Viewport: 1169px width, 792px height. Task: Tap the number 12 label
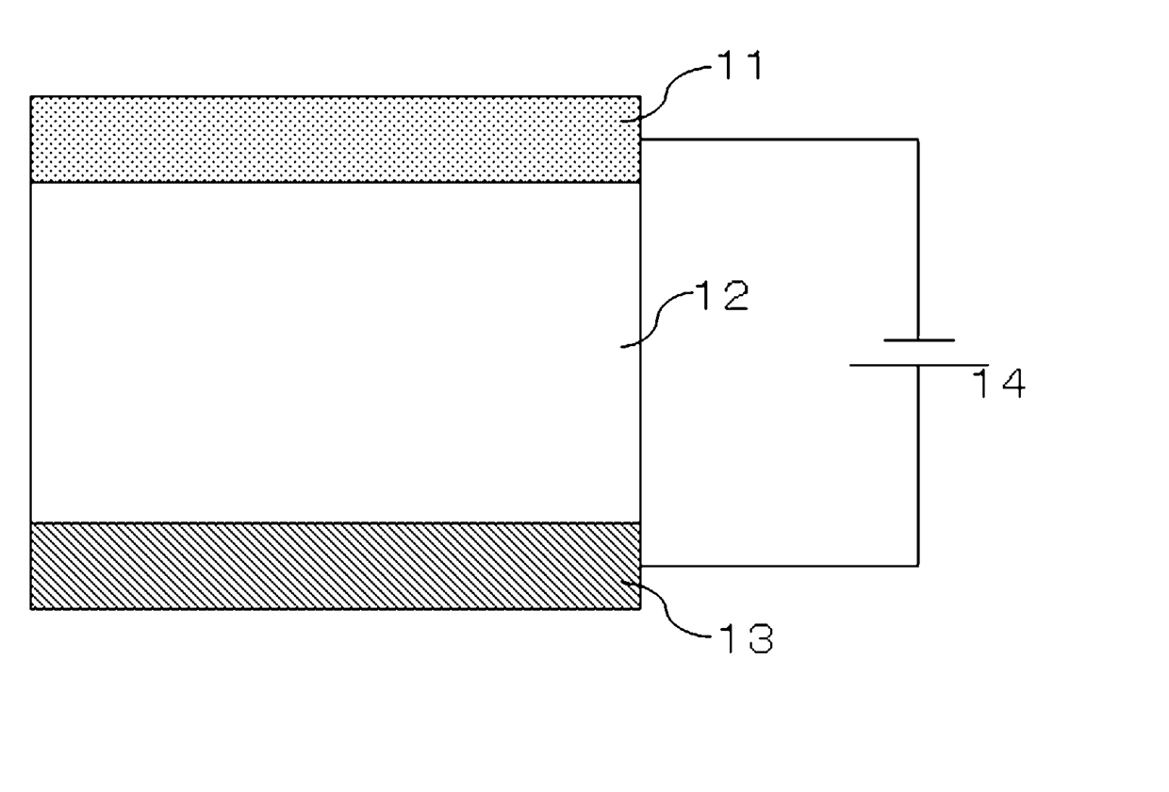[x=721, y=296]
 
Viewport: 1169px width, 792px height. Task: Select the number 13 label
[x=744, y=639]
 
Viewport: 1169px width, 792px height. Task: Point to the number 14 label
[x=998, y=384]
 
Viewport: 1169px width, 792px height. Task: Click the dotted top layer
[x=335, y=139]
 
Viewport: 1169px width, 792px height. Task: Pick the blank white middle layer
[x=335, y=351]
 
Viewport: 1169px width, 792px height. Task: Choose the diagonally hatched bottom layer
[x=335, y=565]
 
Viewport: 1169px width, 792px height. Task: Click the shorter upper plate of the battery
[x=919, y=339]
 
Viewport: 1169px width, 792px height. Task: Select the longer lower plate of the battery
[x=919, y=364]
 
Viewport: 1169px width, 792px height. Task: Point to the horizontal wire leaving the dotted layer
[x=779, y=140]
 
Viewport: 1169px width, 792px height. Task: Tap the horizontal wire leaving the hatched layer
[x=779, y=566]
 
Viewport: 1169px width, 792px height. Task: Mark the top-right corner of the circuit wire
[x=918, y=140]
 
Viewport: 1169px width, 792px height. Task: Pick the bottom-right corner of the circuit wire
[x=918, y=566]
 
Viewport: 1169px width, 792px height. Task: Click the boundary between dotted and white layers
[x=335, y=181]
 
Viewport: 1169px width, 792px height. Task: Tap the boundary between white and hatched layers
[x=335, y=522]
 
